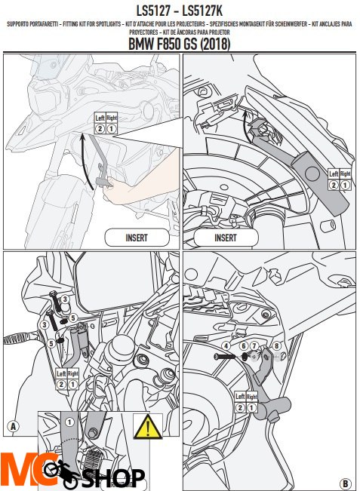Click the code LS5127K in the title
pyautogui.click(x=214, y=11)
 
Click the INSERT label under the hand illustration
pyautogui.click(x=136, y=237)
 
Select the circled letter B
pyautogui.click(x=345, y=483)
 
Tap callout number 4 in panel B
pyautogui.click(x=226, y=345)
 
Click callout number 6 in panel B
pyautogui.click(x=244, y=345)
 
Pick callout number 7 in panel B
pyautogui.click(x=254, y=345)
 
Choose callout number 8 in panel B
pyautogui.click(x=276, y=345)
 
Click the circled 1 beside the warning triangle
pyautogui.click(x=69, y=423)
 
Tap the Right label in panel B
pyautogui.click(x=251, y=396)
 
